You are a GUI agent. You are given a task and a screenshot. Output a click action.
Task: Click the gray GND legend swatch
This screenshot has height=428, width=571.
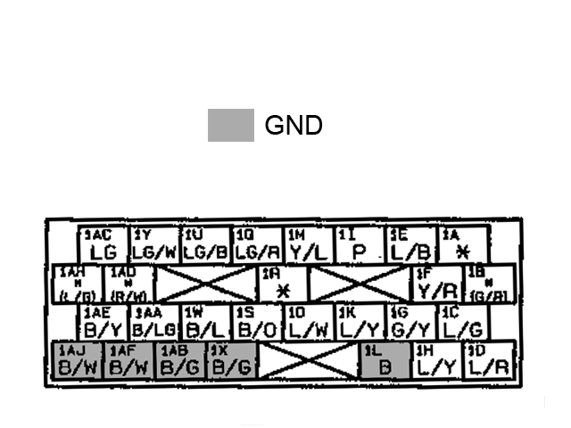[x=231, y=126]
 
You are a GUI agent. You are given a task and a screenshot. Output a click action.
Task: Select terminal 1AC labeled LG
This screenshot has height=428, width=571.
[x=104, y=244]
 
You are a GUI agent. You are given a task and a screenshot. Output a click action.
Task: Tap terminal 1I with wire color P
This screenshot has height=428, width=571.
[x=360, y=244]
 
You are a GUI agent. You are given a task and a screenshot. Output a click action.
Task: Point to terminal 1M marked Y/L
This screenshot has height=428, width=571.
[x=309, y=244]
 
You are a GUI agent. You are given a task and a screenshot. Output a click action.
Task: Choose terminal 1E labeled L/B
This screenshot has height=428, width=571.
[x=411, y=244]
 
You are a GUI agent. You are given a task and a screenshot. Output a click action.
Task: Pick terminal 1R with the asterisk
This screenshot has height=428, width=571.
[x=283, y=284]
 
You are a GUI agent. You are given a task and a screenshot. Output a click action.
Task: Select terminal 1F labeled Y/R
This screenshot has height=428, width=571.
[x=436, y=284]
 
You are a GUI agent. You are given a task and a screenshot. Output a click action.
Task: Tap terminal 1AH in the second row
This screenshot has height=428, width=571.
[x=79, y=284]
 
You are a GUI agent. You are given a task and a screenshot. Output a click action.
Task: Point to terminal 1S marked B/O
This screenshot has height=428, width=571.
[x=258, y=323]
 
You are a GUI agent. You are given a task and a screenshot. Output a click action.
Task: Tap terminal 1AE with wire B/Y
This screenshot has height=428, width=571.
[x=104, y=323]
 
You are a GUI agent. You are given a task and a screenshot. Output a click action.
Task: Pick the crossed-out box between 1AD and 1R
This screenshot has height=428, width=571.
[x=206, y=284]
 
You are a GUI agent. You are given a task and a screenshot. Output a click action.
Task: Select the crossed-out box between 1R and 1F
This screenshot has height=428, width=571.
[x=360, y=284]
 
